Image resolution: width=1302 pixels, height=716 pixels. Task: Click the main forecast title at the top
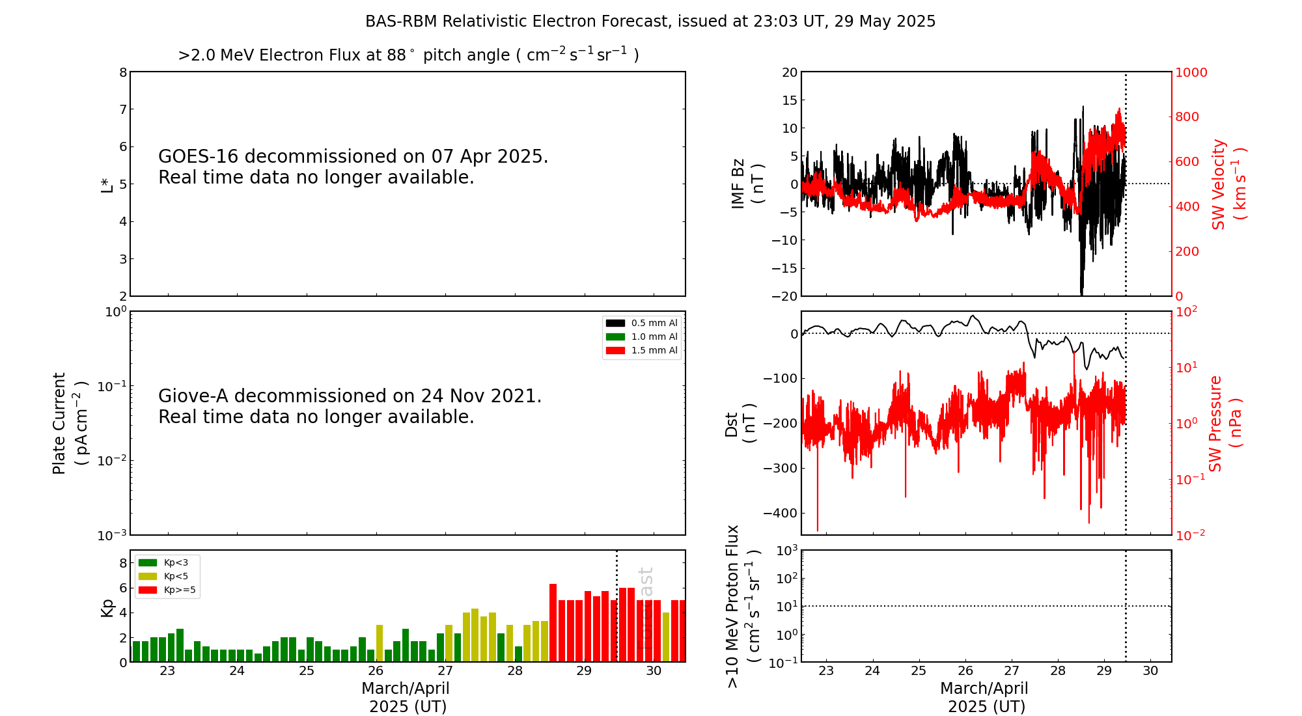[x=650, y=21]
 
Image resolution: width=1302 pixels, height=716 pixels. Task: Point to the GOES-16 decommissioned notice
[x=353, y=167]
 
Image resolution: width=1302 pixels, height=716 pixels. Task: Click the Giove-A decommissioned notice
[x=350, y=406]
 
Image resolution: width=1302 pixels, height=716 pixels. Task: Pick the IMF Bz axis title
[x=747, y=184]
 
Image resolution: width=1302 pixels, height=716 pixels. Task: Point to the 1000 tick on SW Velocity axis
[x=1191, y=73]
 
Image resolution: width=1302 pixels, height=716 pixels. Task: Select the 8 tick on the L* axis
[x=123, y=72]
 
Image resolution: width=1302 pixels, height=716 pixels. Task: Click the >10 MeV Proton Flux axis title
[x=743, y=606]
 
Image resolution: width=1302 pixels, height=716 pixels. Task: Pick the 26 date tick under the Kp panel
[x=376, y=671]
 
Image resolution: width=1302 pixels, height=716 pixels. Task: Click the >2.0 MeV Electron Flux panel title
[x=408, y=55]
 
